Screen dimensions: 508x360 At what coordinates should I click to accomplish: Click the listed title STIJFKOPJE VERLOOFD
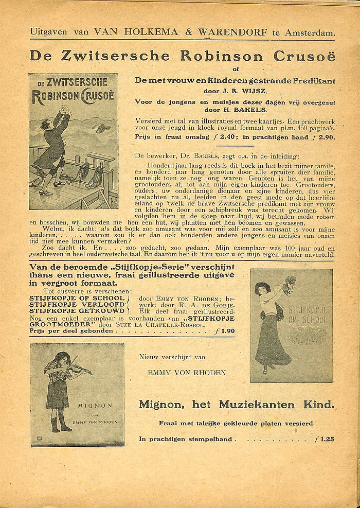(77, 304)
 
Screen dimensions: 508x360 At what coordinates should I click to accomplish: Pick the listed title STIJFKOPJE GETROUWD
(77, 311)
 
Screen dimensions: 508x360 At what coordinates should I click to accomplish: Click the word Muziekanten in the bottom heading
(251, 405)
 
